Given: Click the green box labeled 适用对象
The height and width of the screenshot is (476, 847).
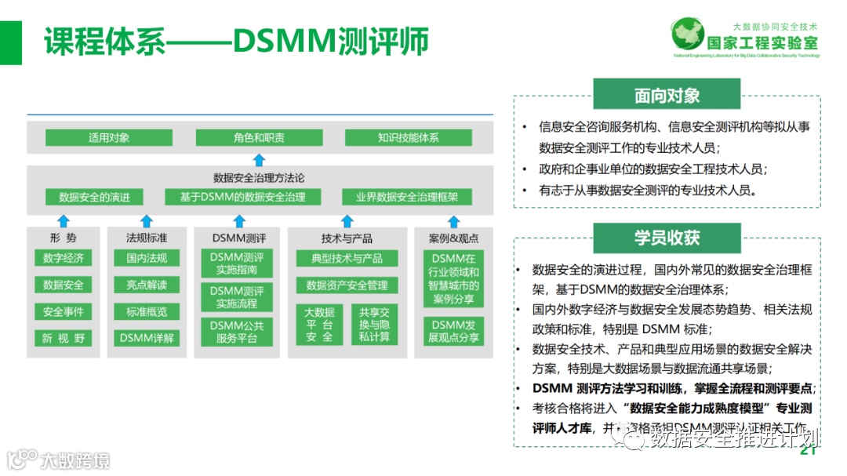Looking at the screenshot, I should pos(109,138).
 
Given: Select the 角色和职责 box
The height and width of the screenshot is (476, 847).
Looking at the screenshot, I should pos(259,138).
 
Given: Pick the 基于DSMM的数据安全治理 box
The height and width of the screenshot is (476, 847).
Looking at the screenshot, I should pos(242,197).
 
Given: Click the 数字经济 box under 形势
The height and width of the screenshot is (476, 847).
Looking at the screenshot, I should pos(63,258).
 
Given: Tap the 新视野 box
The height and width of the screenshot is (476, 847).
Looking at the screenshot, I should pos(63,339).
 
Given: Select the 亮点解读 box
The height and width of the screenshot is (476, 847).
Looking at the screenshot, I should pos(147,285).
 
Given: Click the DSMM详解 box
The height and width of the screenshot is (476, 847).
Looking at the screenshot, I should pos(147,339).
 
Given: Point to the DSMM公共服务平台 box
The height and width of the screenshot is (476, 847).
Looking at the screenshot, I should pos(237,332).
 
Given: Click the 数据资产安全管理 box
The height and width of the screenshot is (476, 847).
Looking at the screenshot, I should pos(347,285).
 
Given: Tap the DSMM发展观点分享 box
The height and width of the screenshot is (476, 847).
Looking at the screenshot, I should pos(454,332).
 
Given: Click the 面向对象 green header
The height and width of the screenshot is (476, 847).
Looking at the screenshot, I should pos(667,96).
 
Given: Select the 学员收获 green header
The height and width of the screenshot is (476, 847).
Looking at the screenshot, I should pos(667,238).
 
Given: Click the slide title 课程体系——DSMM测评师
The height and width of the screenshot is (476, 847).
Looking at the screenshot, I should pos(236,41).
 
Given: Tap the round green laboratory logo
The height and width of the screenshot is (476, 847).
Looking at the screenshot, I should pos(688,35).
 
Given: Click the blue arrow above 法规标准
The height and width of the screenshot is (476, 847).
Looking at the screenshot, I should pos(146,220).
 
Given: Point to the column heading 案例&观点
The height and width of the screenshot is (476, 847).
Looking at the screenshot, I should pos(454,238).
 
